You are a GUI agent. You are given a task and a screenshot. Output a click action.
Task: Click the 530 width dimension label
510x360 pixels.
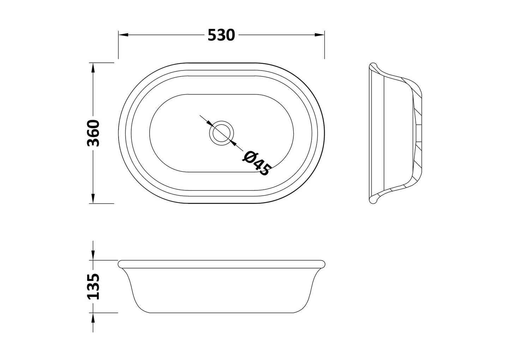221,35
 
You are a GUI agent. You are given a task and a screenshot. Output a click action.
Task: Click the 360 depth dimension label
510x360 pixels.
93,133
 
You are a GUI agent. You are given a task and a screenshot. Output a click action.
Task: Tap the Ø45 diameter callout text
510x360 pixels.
257,163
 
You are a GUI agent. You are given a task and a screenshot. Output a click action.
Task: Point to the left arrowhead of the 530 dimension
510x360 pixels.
123,35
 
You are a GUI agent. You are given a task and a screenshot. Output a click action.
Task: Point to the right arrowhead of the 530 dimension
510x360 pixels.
319,35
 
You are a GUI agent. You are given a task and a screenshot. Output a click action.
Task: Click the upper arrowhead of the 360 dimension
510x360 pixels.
93,68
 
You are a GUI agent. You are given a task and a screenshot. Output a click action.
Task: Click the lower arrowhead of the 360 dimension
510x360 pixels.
93,199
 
